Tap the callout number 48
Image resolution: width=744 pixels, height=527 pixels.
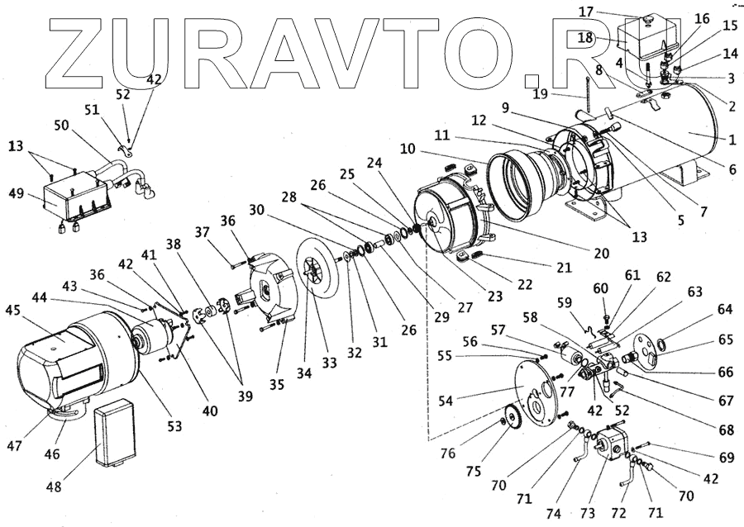tap(53, 487)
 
